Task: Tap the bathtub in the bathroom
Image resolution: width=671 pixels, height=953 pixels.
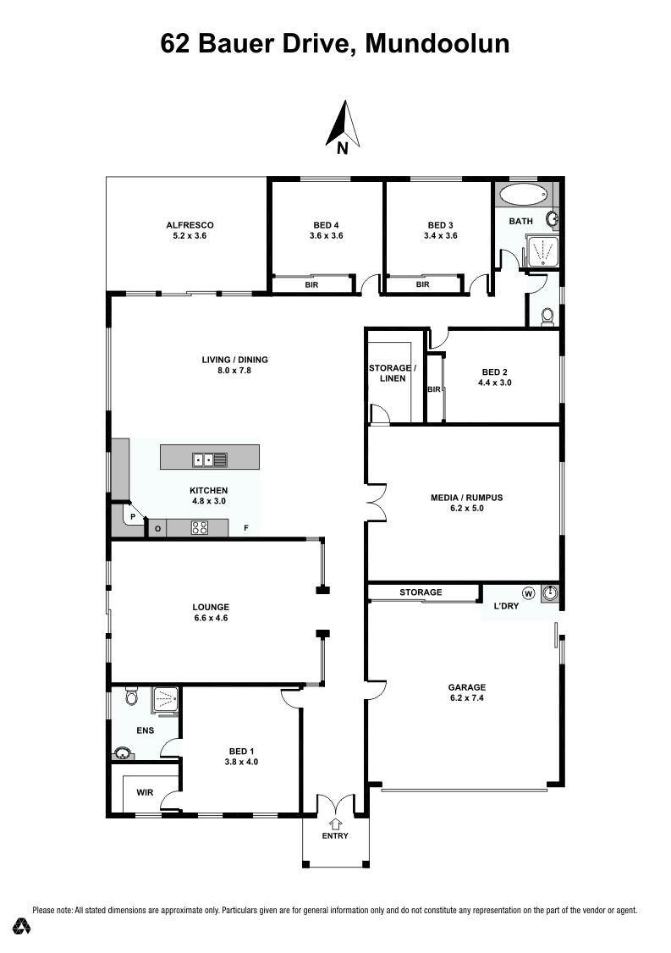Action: coord(523,195)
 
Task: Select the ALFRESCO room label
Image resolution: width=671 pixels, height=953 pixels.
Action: coord(190,225)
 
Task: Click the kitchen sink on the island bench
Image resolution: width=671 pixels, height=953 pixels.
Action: coord(210,460)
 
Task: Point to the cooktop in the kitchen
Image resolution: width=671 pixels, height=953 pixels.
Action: coord(200,527)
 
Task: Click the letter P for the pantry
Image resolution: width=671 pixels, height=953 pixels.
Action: coord(133,516)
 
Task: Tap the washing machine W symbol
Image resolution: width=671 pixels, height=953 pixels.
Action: coord(528,592)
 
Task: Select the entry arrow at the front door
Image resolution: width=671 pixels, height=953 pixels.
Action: coord(335,824)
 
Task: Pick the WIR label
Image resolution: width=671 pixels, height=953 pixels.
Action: coord(145,792)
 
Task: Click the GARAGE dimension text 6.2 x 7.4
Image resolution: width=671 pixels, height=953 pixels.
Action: coord(467,697)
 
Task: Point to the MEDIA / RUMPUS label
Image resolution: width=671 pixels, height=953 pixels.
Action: coord(467,498)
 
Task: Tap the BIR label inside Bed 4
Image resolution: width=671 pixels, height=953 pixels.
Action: coord(311,284)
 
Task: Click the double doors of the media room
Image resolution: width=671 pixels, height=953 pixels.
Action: coord(377,503)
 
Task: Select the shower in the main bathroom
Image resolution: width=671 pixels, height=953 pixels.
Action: coord(541,251)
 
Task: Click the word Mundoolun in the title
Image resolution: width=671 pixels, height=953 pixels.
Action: coord(437,44)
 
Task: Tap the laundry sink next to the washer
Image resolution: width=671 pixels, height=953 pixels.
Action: coord(549,593)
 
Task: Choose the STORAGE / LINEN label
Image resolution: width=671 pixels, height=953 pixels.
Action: coord(392,373)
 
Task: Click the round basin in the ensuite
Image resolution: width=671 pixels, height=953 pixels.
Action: coord(123,754)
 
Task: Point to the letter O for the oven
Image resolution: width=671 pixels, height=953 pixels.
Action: coord(158,529)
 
